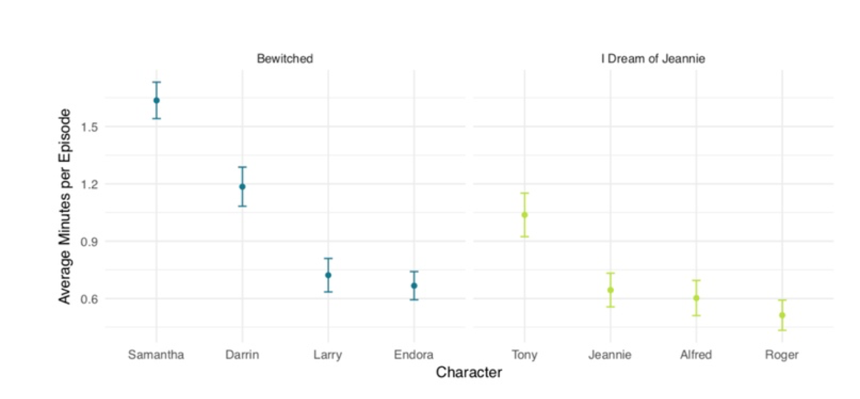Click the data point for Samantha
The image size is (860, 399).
pos(157,100)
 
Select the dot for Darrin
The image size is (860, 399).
pos(243,187)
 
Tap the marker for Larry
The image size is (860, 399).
pos(328,275)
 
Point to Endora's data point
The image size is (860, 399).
pos(414,285)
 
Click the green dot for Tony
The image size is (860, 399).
pos(524,215)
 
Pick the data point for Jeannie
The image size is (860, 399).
pos(611,290)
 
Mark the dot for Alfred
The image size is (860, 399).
pos(696,298)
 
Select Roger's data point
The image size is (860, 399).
pos(782,315)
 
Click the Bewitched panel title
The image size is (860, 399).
pos(285,59)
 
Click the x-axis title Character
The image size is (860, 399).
pos(469,373)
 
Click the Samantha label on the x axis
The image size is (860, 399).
pos(156,355)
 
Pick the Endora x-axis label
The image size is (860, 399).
pos(414,355)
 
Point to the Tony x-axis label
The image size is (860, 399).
pos(525,355)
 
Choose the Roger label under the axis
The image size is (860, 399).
pos(781,355)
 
